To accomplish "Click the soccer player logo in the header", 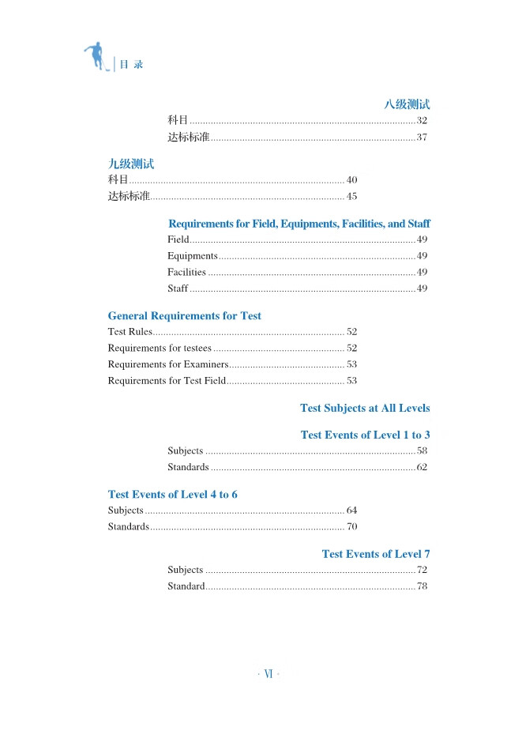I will pos(96,57).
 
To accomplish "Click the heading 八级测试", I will pos(407,104).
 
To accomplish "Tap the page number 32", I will pos(422,121).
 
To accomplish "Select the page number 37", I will pos(422,138).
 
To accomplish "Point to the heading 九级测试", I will pos(131,164).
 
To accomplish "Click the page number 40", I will pos(352,180).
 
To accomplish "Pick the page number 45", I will pos(352,197).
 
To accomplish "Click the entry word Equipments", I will pos(192,256).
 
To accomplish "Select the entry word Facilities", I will pos(186,273).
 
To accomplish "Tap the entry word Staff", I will pos(178,288).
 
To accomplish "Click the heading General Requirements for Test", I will pos(184,316).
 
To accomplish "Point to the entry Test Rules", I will pos(130,332).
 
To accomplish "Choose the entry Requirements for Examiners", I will pos(167,364).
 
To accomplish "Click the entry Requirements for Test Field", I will pos(167,381).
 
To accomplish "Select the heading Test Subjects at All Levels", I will pos(365,409).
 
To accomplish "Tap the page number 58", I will pos(422,451).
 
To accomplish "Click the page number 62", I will pos(422,468).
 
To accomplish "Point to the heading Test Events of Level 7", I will pos(376,554).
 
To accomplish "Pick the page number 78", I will pos(422,586).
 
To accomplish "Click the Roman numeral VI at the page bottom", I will pos(269,674).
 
